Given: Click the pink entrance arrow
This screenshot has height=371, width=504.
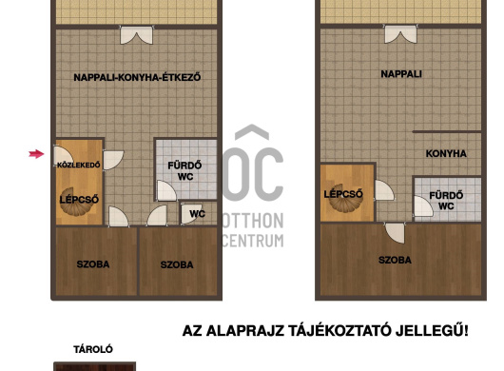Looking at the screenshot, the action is [36, 154].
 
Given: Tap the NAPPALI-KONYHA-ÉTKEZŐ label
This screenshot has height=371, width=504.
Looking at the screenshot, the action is [137, 77].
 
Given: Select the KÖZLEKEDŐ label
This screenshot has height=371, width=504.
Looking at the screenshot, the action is [79, 165].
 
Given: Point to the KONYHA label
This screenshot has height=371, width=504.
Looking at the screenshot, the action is [446, 154].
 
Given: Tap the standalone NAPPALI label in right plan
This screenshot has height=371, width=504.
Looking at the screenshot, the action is [401, 74].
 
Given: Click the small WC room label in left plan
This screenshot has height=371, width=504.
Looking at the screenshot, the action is [198, 214].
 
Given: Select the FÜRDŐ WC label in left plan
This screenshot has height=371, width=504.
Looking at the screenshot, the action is [184, 171].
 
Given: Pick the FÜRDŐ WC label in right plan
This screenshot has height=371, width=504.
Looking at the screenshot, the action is [446, 201].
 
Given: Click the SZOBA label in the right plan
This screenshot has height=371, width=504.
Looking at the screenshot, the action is [395, 260].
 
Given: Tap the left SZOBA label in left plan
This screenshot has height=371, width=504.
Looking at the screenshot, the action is [93, 264].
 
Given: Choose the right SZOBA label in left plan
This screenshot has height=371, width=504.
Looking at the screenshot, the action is [177, 264].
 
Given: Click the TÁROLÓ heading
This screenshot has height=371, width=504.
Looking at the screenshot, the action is [93, 349].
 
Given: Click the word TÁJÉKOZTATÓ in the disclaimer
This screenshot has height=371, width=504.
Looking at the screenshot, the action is [339, 331].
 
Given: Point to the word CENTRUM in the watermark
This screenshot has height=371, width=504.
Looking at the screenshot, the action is [253, 241].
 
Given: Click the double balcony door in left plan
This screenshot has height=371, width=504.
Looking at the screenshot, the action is [136, 35].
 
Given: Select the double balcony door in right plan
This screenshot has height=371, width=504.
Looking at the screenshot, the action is [400, 33].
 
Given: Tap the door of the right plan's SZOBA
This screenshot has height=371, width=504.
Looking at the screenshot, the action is [395, 233].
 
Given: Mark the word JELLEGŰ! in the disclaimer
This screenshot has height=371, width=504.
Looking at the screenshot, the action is [432, 331].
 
